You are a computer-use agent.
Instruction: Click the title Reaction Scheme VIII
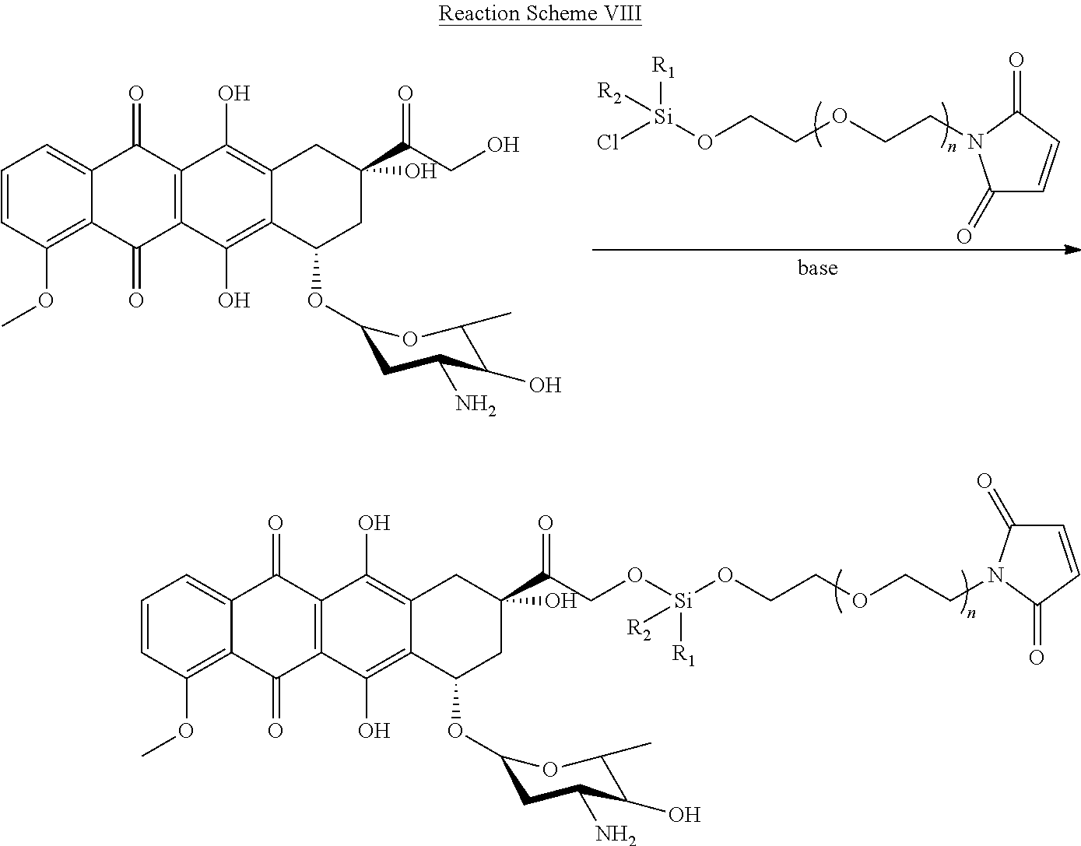539,15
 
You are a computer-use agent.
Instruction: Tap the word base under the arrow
817,269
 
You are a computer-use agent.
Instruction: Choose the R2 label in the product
639,628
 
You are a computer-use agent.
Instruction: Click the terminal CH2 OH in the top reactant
502,145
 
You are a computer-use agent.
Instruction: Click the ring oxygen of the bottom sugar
549,770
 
